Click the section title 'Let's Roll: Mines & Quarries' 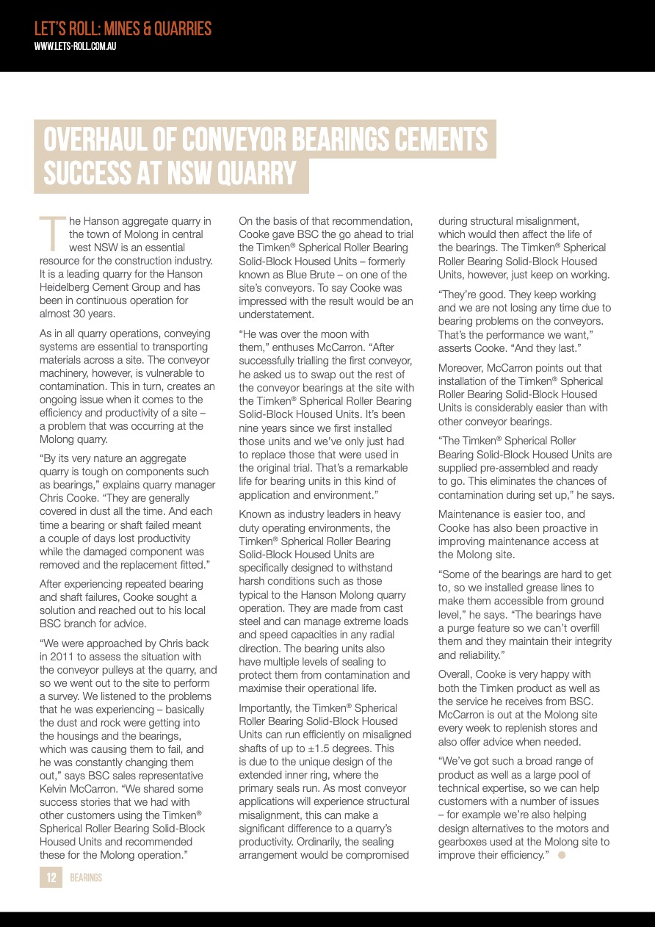pyautogui.click(x=123, y=29)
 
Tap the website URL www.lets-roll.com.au pyautogui.click(x=76, y=46)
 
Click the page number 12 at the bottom pyautogui.click(x=51, y=877)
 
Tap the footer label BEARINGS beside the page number pyautogui.click(x=86, y=878)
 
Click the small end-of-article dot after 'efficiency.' pyautogui.click(x=562, y=855)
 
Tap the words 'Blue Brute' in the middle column pyautogui.click(x=298, y=275)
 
